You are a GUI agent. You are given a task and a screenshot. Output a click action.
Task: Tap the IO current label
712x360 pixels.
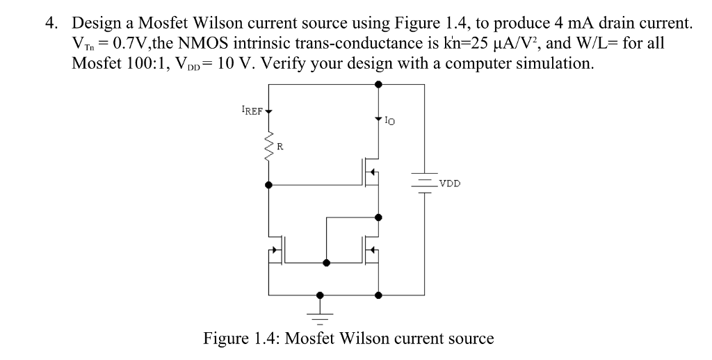click(x=389, y=122)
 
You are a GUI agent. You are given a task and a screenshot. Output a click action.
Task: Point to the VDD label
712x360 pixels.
click(x=448, y=184)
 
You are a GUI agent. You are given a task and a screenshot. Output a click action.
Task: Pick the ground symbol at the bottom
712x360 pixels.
click(x=320, y=313)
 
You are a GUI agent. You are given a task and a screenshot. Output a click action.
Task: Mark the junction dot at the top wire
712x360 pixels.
click(x=378, y=84)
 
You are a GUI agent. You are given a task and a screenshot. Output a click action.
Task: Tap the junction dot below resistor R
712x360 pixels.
click(x=269, y=186)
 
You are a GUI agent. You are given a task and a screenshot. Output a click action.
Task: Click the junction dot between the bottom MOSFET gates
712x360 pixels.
click(x=326, y=263)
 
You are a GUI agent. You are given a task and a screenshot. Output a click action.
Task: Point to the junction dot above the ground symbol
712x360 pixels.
click(x=320, y=294)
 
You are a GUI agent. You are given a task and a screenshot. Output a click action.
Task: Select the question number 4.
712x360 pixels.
click(x=51, y=24)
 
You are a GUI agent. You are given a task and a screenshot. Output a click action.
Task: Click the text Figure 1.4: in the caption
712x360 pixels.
click(x=242, y=339)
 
